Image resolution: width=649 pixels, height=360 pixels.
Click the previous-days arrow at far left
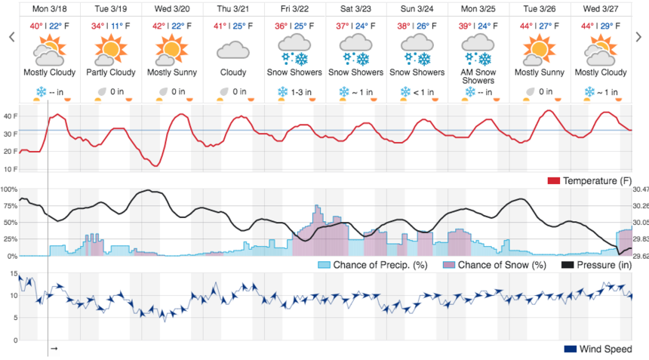coord(11,37)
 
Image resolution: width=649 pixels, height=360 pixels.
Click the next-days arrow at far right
coord(638,37)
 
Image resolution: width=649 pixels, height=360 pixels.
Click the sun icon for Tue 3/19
coord(109,50)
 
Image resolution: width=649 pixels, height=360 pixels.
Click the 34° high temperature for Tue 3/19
coord(98,25)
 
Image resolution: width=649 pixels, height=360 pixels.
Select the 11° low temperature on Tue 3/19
coord(118,25)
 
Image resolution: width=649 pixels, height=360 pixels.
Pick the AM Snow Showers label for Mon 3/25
coord(478,76)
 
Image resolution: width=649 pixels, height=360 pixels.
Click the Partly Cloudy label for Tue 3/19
coord(109,72)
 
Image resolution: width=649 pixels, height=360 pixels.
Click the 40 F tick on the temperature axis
coord(8,116)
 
